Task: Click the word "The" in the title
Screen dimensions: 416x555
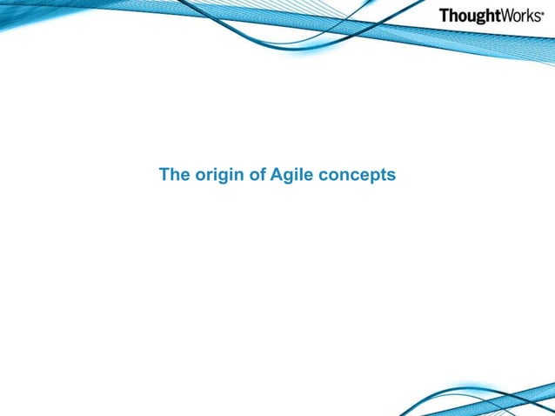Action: point(173,175)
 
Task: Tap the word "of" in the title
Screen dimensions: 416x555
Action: point(257,175)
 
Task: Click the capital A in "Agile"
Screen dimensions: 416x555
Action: point(277,175)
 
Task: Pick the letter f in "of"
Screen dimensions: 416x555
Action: point(263,175)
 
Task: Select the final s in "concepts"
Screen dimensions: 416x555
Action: point(391,177)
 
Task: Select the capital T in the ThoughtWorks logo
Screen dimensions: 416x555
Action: point(445,16)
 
